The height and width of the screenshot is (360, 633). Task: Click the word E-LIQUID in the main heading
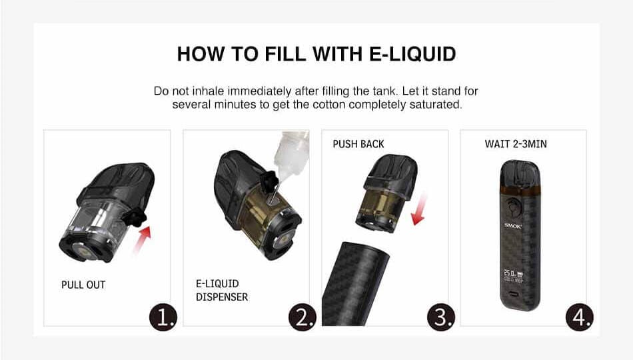412,54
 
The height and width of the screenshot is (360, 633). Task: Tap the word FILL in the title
285,54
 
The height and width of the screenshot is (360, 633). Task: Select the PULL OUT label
83,285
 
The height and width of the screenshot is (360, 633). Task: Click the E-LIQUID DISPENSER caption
222,290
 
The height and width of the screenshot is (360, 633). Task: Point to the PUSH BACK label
358,144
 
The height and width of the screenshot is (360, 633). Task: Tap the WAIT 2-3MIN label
516,144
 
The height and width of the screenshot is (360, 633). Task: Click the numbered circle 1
163,317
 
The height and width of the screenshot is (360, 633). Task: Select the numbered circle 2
303,317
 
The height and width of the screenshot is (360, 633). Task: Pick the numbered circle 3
441,317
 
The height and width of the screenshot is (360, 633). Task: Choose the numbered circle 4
580,317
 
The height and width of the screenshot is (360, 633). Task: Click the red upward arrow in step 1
142,241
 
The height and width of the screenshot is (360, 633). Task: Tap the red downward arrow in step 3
420,209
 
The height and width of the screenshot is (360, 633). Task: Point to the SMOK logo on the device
512,226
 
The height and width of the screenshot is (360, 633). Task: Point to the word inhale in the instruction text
208,91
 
